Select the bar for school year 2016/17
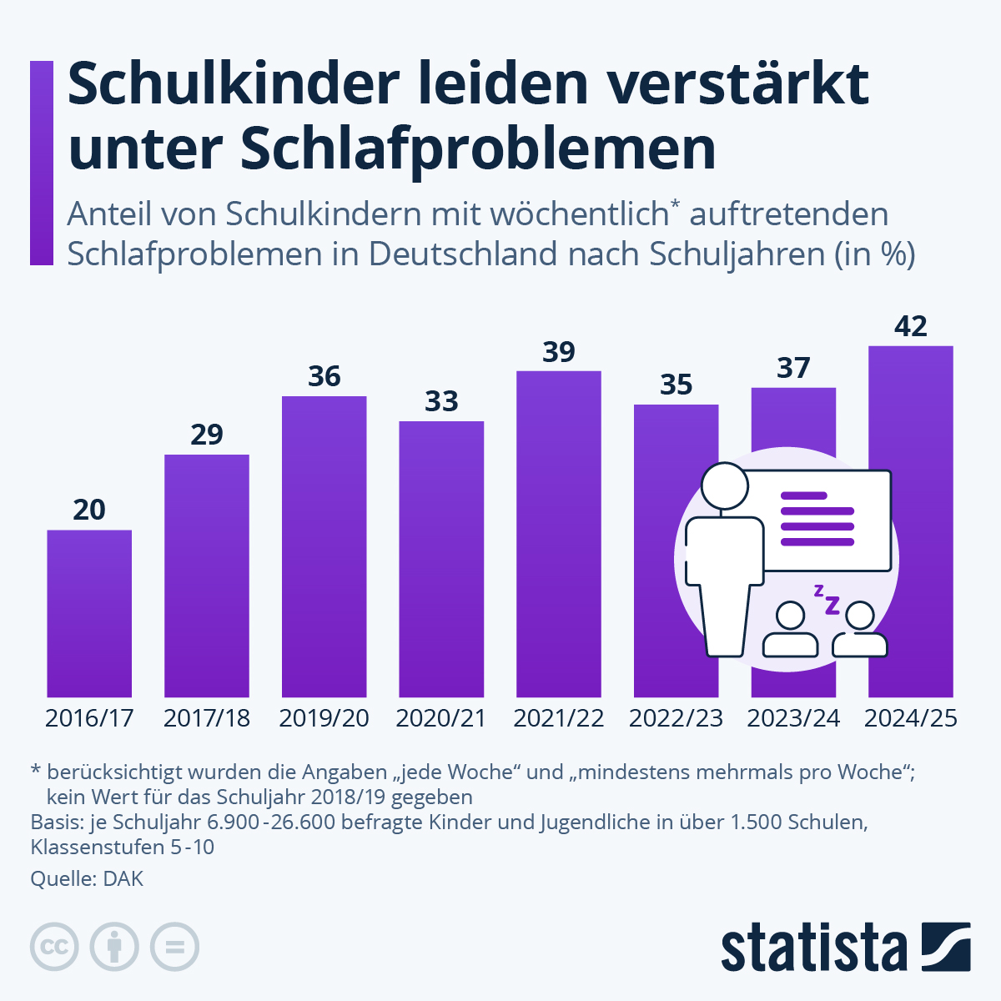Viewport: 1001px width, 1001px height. pyautogui.click(x=89, y=613)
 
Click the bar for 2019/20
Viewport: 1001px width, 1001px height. pyautogui.click(x=324, y=546)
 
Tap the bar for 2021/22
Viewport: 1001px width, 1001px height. pyautogui.click(x=558, y=534)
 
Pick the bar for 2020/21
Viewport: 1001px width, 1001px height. pyautogui.click(x=441, y=559)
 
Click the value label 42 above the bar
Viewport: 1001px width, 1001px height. pyautogui.click(x=910, y=326)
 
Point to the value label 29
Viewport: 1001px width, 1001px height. pyautogui.click(x=207, y=435)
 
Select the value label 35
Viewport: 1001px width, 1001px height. pyautogui.click(x=676, y=385)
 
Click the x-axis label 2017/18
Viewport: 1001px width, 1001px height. pyautogui.click(x=207, y=718)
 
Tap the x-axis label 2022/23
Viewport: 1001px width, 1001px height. pyautogui.click(x=676, y=718)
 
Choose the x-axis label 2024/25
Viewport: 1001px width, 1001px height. pyautogui.click(x=910, y=718)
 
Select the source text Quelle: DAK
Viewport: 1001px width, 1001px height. pyautogui.click(x=87, y=878)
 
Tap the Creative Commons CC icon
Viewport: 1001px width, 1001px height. pyautogui.click(x=54, y=947)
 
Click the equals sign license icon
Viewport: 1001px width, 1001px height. pyautogui.click(x=174, y=947)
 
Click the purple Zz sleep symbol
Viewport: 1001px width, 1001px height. pyautogui.click(x=827, y=600)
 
